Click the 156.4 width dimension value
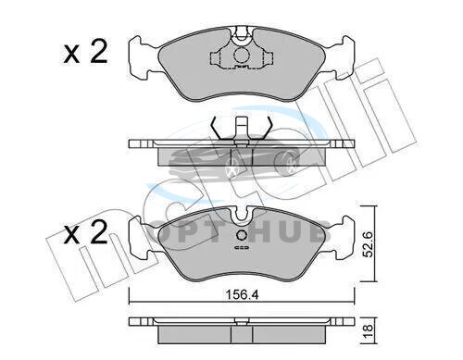[x=242, y=295]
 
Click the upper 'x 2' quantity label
[x=85, y=52]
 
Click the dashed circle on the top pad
[x=242, y=56]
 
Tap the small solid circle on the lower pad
[x=242, y=236]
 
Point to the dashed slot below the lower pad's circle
[x=242, y=248]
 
